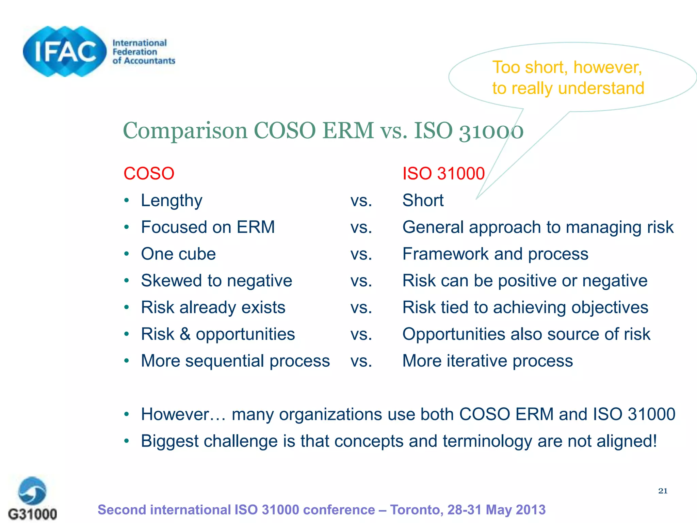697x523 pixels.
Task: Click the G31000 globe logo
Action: coord(32,491)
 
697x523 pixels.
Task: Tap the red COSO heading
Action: coord(149,174)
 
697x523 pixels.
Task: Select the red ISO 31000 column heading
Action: coord(443,174)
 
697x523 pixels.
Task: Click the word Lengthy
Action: coord(172,201)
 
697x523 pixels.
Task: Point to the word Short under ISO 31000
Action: coord(423,200)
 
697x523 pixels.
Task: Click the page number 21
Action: coord(663,491)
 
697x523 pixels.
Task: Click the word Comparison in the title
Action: coord(185,131)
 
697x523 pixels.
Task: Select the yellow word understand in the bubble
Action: coord(601,88)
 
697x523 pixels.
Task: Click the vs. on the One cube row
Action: coord(361,254)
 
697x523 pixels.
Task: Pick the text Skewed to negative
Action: coord(216,281)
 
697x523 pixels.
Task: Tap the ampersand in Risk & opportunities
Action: coord(185,334)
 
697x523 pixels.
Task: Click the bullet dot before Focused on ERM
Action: coord(127,227)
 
